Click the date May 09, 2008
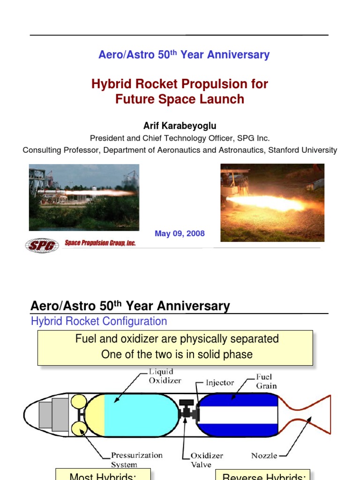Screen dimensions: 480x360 point(180,233)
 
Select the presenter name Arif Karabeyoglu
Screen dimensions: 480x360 point(180,126)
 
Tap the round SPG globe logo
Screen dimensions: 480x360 point(42,245)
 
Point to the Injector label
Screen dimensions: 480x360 point(220,382)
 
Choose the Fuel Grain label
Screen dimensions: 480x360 point(266,381)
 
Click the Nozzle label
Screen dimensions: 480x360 point(264,455)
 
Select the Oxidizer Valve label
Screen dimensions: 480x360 point(207,459)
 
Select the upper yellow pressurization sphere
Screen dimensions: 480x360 point(78,402)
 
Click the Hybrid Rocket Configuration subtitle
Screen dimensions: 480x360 point(98,322)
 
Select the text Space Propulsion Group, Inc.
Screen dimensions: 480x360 point(100,243)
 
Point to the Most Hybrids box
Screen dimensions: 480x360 point(103,475)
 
